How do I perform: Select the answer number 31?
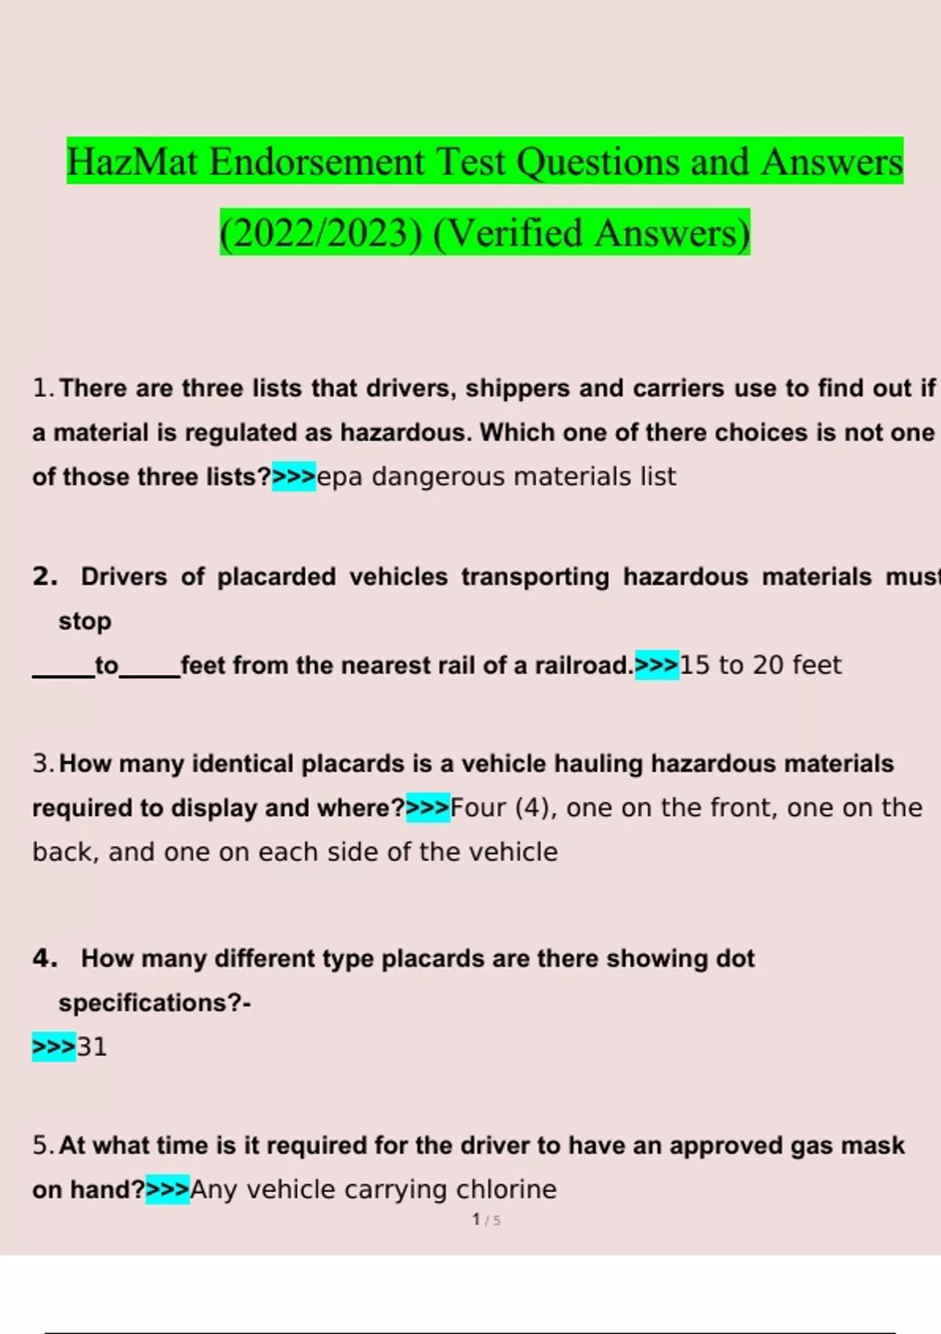click(92, 1047)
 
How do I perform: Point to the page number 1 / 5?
click(486, 1220)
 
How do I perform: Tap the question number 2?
click(45, 577)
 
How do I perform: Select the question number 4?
click(45, 958)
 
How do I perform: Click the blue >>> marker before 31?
click(54, 1047)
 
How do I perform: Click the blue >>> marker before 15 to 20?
click(657, 665)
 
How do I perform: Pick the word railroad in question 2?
click(583, 665)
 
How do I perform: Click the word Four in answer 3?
click(478, 807)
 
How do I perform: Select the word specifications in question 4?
click(147, 1003)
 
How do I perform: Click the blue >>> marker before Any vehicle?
click(168, 1190)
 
